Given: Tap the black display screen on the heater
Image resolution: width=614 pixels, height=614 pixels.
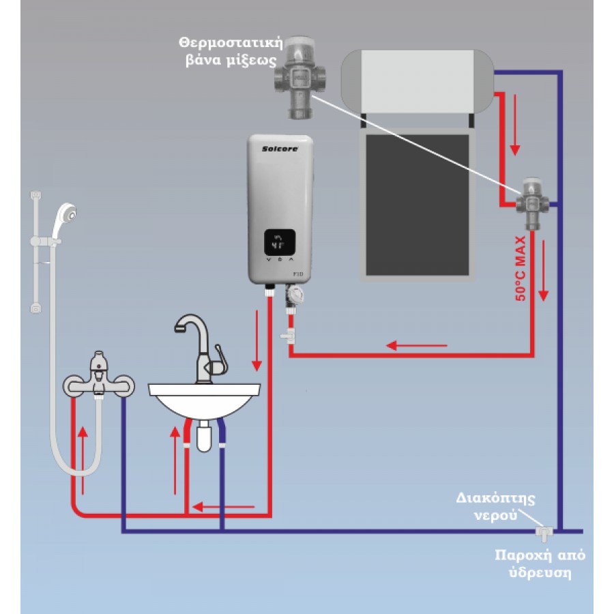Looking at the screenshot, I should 280,242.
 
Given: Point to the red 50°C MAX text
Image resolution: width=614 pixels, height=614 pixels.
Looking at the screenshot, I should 521,269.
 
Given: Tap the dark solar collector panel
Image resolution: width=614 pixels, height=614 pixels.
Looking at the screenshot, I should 417,204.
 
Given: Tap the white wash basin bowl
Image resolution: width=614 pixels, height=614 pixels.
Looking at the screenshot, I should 204,402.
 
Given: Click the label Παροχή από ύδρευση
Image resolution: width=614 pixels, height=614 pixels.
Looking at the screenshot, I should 539,564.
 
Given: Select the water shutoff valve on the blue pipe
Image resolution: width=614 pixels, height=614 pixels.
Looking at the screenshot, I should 544,530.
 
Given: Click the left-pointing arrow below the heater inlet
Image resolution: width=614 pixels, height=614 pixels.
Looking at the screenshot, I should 417,346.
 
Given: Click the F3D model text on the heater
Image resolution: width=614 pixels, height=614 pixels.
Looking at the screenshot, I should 297,274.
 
